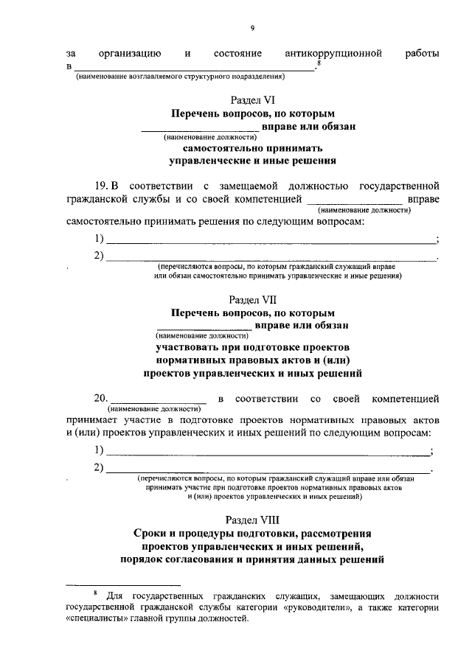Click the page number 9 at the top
tap(251, 27)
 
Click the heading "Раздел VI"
tap(251, 100)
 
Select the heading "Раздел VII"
tap(251, 300)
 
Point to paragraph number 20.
tap(101, 399)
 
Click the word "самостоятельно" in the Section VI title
tap(213, 147)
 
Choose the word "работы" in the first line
tap(422, 53)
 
